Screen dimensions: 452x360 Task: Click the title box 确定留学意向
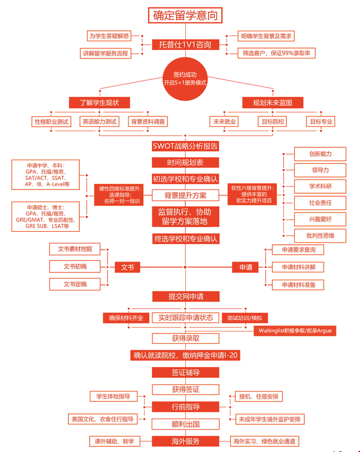pyautogui.click(x=185, y=15)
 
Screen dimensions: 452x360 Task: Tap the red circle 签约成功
pyautogui.click(x=185, y=78)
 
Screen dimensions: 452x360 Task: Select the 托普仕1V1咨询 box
pyautogui.click(x=185, y=44)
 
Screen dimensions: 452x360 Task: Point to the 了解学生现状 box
pyautogui.click(x=99, y=102)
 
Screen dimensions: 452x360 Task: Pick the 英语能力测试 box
pyautogui.click(x=99, y=122)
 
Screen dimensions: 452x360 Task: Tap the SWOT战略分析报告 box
pyautogui.click(x=185, y=146)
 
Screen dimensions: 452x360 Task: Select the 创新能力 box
pyautogui.click(x=320, y=154)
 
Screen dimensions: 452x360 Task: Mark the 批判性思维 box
pyautogui.click(x=320, y=235)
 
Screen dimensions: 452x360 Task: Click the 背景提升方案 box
pyautogui.click(x=185, y=195)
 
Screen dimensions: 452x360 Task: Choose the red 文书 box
pyautogui.click(x=127, y=267)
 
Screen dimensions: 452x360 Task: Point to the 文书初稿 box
pyautogui.click(x=75, y=267)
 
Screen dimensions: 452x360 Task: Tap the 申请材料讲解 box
pyautogui.click(x=295, y=267)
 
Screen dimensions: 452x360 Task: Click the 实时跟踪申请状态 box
pyautogui.click(x=185, y=317)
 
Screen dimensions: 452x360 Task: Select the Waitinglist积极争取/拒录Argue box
pyautogui.click(x=294, y=331)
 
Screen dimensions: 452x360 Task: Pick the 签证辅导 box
pyautogui.click(x=185, y=373)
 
